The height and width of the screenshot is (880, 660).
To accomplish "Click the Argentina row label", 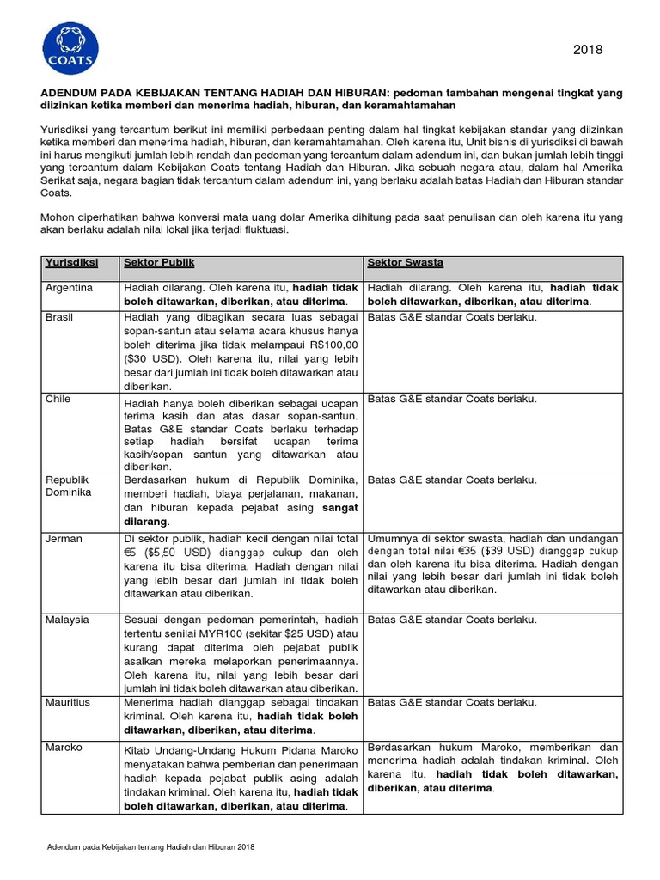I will point(69,288).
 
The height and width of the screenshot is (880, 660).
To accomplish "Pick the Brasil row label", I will point(59,317).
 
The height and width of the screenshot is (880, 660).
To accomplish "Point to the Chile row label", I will point(58,399).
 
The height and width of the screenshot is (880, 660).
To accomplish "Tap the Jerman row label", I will point(64,539).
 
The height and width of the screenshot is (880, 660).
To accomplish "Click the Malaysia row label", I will point(66,620).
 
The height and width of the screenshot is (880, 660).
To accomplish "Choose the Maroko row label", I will point(64,748).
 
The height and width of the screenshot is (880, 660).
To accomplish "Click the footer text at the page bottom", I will point(150,847).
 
